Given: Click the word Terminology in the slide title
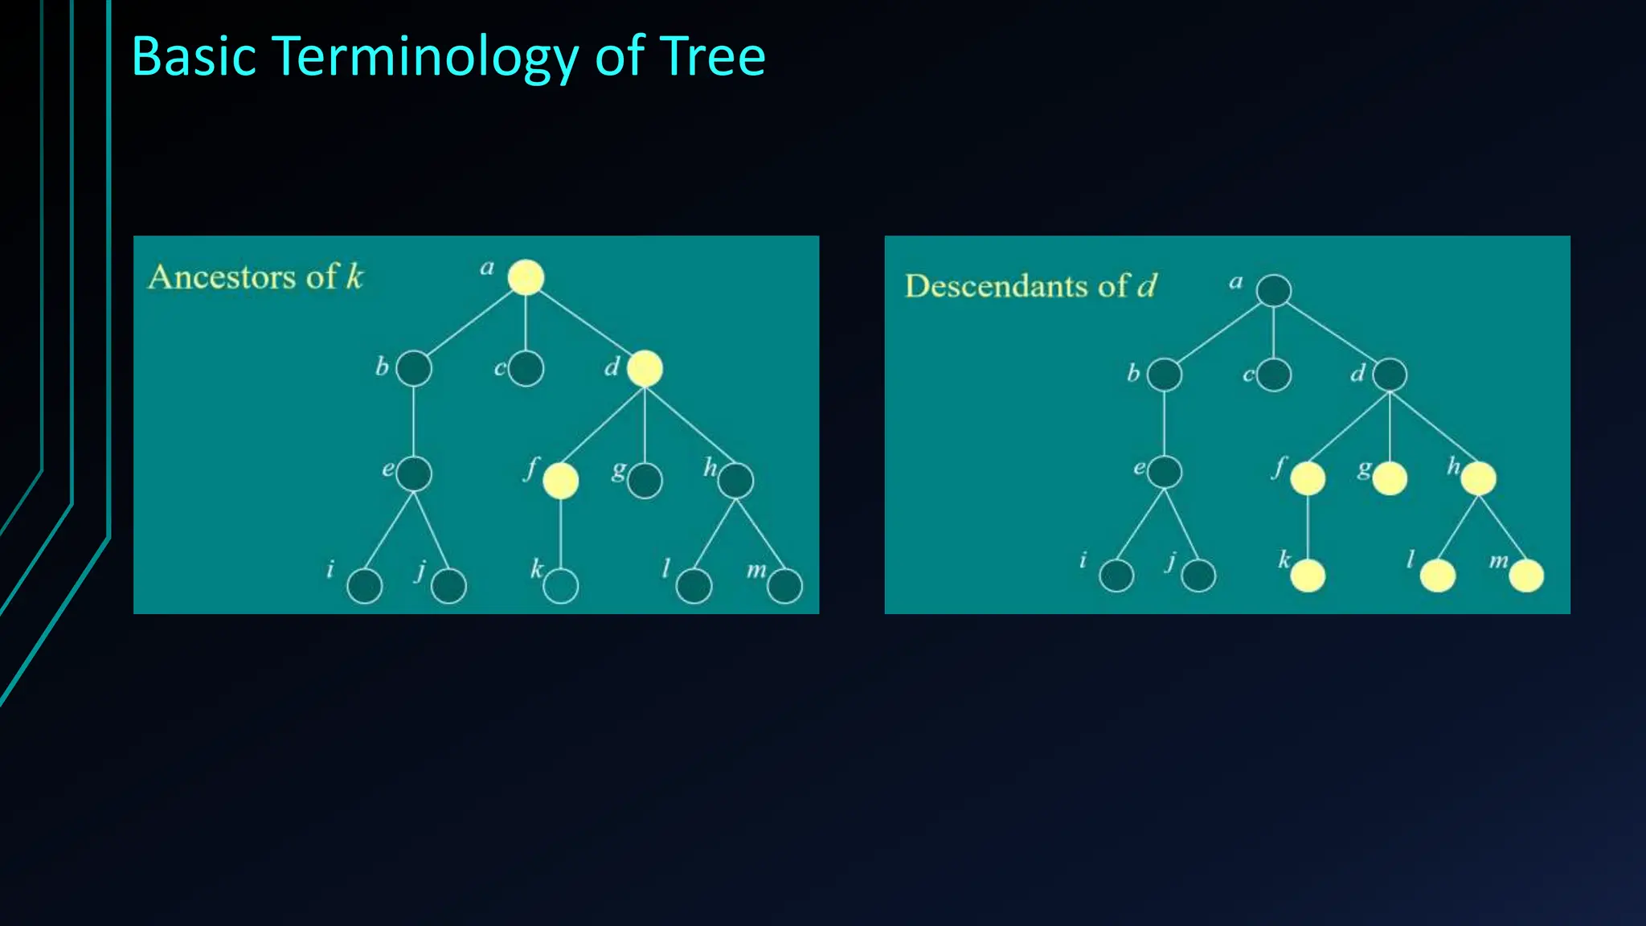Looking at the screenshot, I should pyautogui.click(x=424, y=58).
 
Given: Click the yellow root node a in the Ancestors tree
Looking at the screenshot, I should pyautogui.click(x=526, y=277).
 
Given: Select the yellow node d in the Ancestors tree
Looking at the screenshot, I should pyautogui.click(x=645, y=369).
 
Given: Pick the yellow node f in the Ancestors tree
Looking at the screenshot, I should pyautogui.click(x=560, y=481).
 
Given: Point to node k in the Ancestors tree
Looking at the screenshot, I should pyautogui.click(x=560, y=586).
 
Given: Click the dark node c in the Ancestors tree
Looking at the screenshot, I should pyautogui.click(x=526, y=369).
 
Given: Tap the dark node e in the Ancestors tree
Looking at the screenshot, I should pyautogui.click(x=414, y=473).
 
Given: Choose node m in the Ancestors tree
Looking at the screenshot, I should pyautogui.click(x=784, y=586).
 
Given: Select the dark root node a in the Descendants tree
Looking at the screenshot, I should pyautogui.click(x=1274, y=290).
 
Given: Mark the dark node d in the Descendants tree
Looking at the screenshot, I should pyautogui.click(x=1390, y=375).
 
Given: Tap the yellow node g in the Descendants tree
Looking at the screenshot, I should pyautogui.click(x=1390, y=479).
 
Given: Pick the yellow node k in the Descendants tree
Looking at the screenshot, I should pyautogui.click(x=1308, y=576).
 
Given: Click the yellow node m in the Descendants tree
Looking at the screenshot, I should pyautogui.click(x=1526, y=576).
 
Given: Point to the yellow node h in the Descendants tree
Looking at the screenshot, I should pyautogui.click(x=1478, y=479).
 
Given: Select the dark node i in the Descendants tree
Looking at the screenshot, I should pyautogui.click(x=1116, y=576).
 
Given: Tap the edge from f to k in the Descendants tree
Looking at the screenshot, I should pyautogui.click(x=1308, y=527).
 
